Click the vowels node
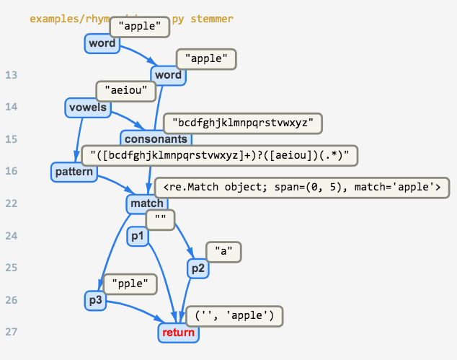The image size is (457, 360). [87, 108]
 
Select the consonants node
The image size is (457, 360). [156, 139]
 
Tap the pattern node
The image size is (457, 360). [74, 172]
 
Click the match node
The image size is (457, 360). [147, 204]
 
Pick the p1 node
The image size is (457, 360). [136, 237]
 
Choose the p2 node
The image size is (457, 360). [197, 268]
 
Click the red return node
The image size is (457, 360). [178, 333]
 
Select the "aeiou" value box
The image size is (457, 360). [126, 90]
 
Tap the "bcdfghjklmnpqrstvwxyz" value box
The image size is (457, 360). [242, 123]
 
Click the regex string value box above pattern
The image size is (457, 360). [219, 155]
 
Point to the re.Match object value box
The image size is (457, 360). [301, 187]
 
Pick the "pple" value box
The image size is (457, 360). [130, 284]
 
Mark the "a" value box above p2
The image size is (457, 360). [223, 252]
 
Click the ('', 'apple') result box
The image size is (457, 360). [234, 316]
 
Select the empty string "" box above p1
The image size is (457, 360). [161, 219]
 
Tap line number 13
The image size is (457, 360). [11, 75]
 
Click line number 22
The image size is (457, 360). [11, 203]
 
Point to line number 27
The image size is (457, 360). [11, 332]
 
